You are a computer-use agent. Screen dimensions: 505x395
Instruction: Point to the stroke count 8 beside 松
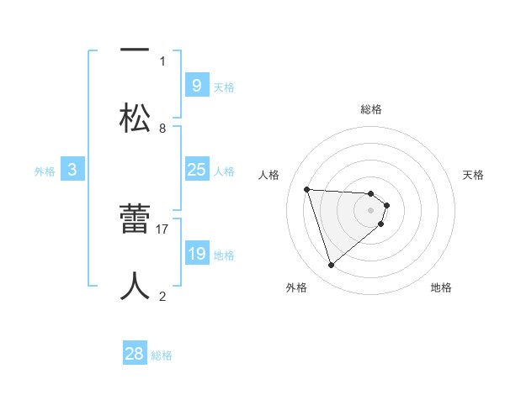162,128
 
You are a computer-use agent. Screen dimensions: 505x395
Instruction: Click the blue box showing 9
196,85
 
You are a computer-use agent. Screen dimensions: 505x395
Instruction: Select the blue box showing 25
196,170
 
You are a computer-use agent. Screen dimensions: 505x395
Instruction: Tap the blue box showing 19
196,254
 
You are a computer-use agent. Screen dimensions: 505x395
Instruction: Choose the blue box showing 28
135,354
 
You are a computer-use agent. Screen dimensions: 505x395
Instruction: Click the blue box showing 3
72,170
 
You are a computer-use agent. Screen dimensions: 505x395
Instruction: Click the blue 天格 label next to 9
224,87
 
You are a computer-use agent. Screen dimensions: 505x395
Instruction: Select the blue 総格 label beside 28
162,355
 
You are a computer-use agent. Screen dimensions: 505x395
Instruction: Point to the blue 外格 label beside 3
45,171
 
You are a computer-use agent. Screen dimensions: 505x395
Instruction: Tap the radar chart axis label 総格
371,109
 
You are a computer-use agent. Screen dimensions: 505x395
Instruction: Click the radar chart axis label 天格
474,175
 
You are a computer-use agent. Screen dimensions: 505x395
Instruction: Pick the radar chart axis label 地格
441,287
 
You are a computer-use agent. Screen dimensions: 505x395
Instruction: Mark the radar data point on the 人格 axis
307,189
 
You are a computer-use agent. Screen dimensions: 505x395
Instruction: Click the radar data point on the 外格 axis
331,266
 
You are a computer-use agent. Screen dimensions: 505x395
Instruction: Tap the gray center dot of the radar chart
371,209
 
